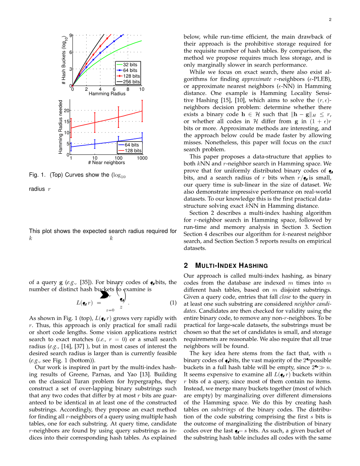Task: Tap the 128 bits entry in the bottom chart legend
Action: [x=133, y=151]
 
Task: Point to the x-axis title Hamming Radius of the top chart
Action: [x=107, y=94]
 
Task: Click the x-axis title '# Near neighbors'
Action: [x=106, y=163]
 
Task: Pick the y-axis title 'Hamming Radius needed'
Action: [x=61, y=127]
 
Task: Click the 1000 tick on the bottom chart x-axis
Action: [x=142, y=158]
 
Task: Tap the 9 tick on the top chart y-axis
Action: [x=70, y=35]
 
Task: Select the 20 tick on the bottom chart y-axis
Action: [x=67, y=110]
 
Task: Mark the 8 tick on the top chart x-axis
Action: [x=128, y=89]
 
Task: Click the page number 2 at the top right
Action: [x=330, y=19]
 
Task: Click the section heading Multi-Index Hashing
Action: [x=231, y=266]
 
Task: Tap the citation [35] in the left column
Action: [x=85, y=282]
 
